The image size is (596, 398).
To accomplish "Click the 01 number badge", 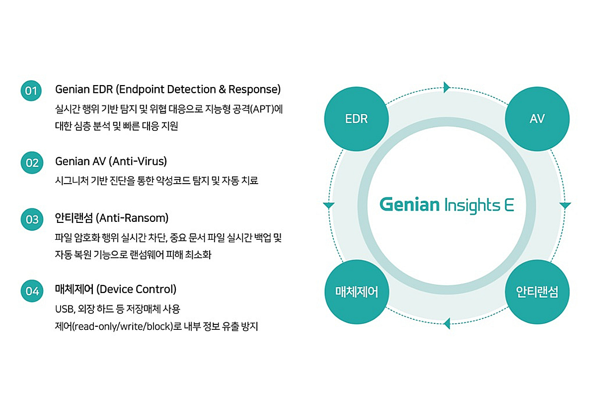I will (31, 91).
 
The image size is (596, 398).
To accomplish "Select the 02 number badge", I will (31, 163).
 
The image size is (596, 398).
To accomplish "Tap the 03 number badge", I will (31, 219).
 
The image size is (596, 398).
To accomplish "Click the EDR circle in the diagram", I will (356, 119).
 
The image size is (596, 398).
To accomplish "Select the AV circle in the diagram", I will (537, 119).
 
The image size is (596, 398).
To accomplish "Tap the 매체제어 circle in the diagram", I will (356, 292).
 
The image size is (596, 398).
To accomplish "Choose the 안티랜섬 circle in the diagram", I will (537, 292).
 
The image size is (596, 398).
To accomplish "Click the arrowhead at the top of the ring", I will (447, 88).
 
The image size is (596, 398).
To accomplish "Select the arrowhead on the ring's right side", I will (565, 205).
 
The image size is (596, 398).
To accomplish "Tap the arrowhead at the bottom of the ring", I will (447, 323).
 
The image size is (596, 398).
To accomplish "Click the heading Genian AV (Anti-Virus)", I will (111, 161).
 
